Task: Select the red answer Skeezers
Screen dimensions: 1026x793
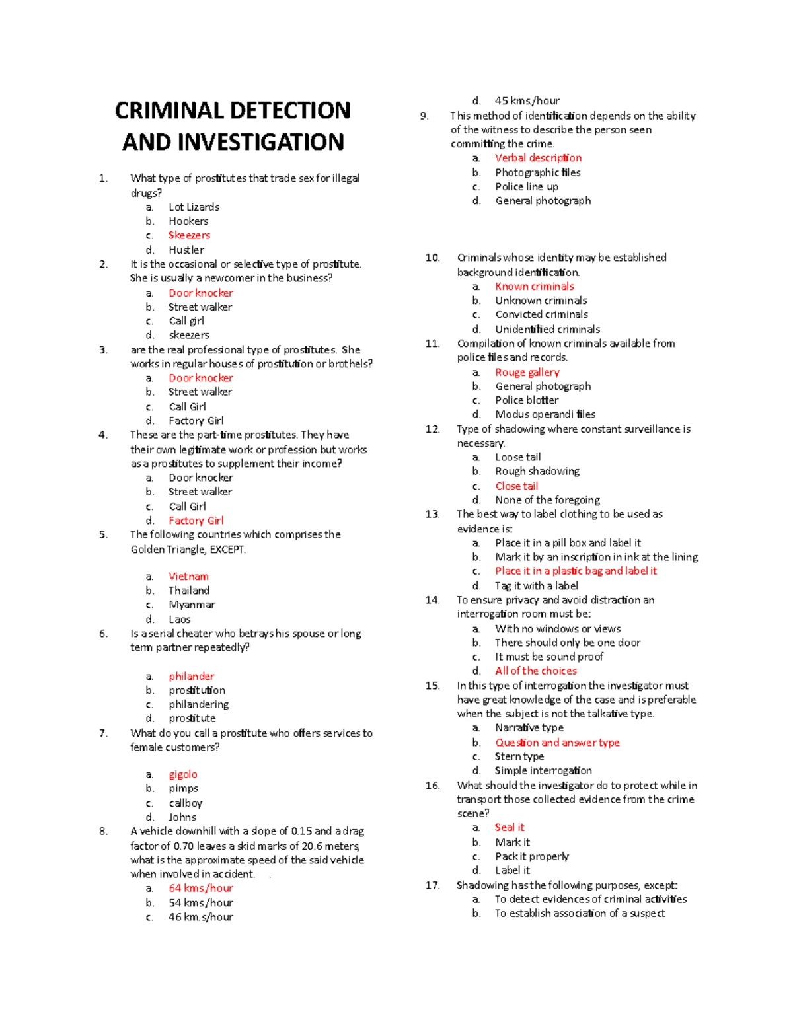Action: [189, 235]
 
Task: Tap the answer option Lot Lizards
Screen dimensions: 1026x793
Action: [194, 207]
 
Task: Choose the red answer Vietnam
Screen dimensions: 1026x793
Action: [188, 576]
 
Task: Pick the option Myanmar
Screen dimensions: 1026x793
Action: [192, 605]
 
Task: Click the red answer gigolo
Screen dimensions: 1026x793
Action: [183, 774]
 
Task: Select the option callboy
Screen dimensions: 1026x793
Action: [185, 803]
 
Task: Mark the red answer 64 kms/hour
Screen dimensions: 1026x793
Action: [201, 888]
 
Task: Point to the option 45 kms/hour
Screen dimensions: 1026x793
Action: [527, 101]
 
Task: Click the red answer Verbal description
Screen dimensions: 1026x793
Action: [539, 158]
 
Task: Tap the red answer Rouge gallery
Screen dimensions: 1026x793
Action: [527, 372]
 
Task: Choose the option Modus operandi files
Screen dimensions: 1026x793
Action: [545, 414]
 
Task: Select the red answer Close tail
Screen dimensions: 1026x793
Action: [517, 486]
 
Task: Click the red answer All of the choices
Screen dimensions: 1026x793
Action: [536, 671]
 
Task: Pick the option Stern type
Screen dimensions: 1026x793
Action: [519, 756]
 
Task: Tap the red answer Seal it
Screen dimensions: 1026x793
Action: [510, 827]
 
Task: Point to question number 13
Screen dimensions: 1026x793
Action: [432, 514]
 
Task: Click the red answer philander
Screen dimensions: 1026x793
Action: [192, 676]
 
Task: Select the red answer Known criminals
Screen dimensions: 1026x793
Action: [535, 286]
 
